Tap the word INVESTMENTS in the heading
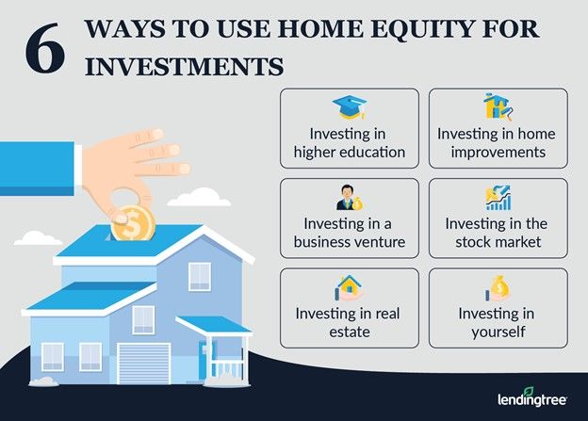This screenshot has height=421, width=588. point(184,66)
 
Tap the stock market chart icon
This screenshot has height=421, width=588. point(496,198)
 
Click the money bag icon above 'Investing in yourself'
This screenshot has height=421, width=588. point(496,286)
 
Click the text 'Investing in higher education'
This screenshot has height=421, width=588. point(349,143)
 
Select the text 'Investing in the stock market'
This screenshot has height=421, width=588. point(497,234)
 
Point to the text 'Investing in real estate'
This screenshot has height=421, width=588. point(349,322)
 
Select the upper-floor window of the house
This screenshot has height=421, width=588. point(200,275)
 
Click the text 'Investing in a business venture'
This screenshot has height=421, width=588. point(349,234)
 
